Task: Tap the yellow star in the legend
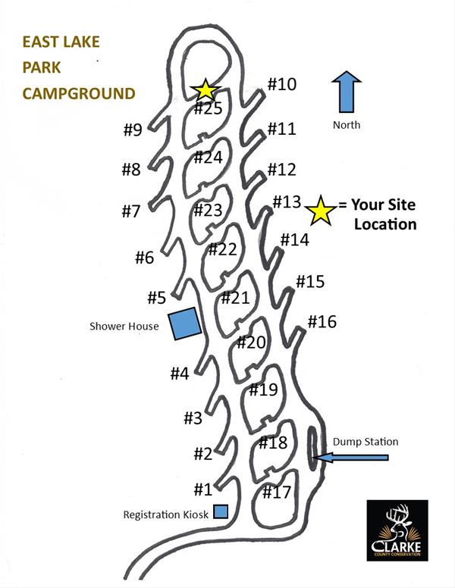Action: [321, 211]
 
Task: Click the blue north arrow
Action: [346, 94]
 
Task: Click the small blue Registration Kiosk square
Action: [221, 512]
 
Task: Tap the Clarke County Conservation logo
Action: [397, 530]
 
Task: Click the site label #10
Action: [281, 84]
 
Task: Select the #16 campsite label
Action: [322, 322]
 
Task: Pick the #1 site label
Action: [202, 489]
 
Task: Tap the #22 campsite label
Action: [222, 249]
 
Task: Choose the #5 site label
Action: [156, 298]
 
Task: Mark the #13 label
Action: [287, 202]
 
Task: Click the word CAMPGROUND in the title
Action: [79, 94]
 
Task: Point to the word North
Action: [347, 125]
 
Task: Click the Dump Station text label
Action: [365, 442]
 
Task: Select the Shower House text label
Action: [124, 327]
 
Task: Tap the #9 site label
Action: [133, 130]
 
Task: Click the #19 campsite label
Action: [263, 391]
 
